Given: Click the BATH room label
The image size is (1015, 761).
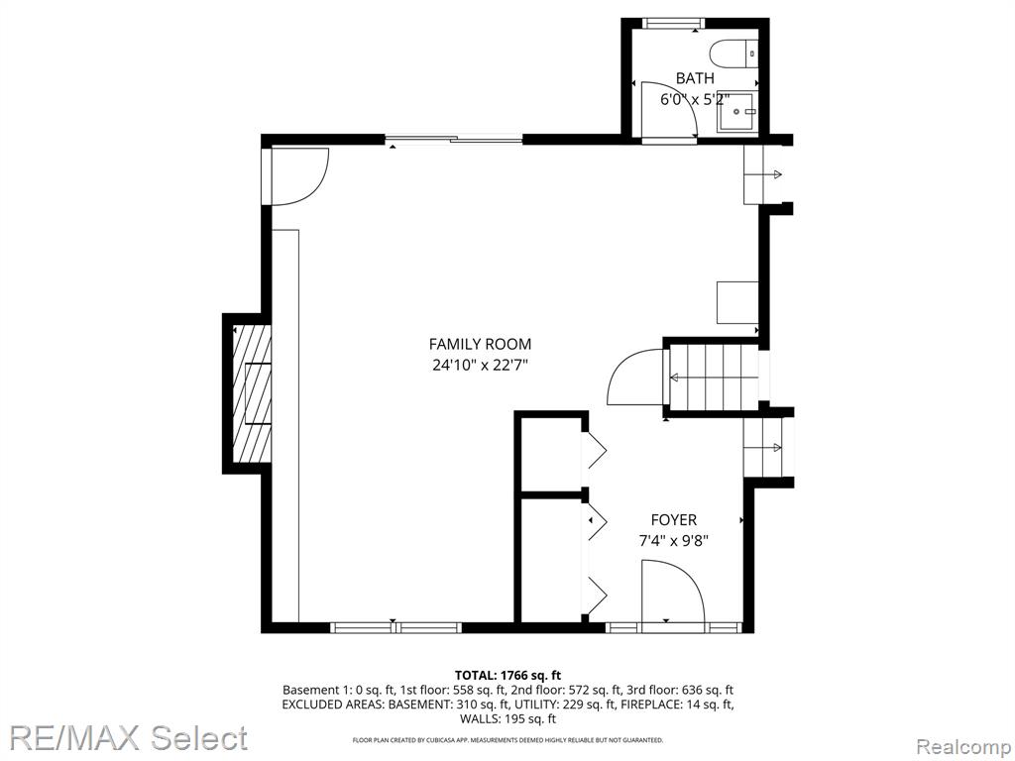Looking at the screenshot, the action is coord(695,78).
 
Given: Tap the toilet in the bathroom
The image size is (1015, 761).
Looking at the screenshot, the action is coord(733,54).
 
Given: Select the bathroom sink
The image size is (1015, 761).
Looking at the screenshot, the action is coord(736,112).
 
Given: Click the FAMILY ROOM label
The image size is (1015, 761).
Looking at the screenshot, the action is coord(481,344).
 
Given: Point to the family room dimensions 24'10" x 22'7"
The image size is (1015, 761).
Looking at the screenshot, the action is coord(481,365).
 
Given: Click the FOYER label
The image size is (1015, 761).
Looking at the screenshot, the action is coord(674,519).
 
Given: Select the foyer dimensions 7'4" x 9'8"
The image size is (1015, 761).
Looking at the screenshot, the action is coord(674,540).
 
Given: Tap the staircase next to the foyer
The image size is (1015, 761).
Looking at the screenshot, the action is coord(713,378).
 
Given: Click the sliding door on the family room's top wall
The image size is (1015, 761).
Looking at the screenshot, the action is coord(454,139).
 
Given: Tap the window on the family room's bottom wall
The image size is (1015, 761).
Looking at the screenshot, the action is coord(396,627).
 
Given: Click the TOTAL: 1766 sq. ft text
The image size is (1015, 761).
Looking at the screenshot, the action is coord(507,676).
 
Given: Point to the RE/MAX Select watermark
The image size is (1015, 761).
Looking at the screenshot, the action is coord(128,737).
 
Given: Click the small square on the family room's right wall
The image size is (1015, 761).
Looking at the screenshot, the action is coord(737,302).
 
